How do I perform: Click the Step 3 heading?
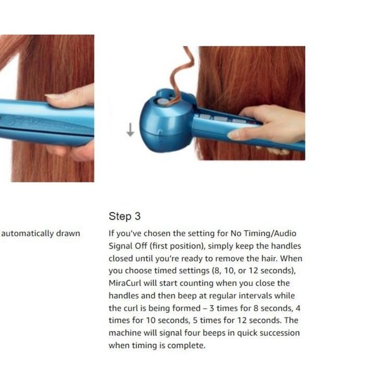(x=120, y=216)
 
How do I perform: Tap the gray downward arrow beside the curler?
(x=130, y=130)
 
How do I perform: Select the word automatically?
(x=28, y=233)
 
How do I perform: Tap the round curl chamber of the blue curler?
(x=163, y=120)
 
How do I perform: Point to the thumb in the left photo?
(x=66, y=96)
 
